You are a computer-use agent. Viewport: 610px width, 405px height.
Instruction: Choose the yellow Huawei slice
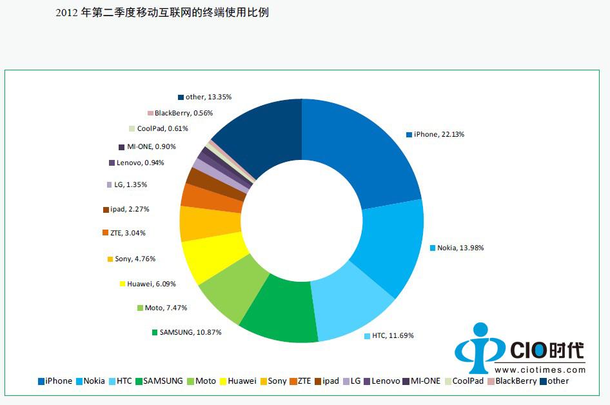pyautogui.click(x=213, y=258)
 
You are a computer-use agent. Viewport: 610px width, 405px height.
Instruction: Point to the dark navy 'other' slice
pyautogui.click(x=264, y=135)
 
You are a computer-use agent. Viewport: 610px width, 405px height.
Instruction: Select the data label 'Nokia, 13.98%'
pyautogui.click(x=460, y=248)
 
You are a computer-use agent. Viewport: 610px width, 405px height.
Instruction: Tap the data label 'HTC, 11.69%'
pyautogui.click(x=393, y=335)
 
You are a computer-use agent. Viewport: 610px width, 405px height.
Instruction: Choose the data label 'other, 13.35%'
pyautogui.click(x=208, y=97)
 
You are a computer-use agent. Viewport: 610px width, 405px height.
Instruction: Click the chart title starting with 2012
pyautogui.click(x=162, y=12)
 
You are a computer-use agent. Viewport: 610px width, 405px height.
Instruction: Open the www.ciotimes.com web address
pyautogui.click(x=540, y=370)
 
